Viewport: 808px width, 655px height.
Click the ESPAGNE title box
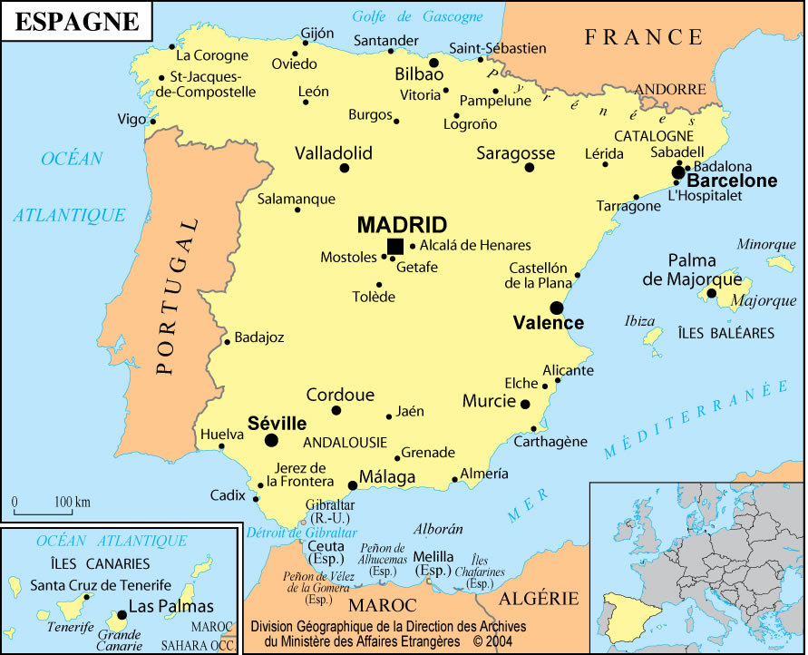[77, 22]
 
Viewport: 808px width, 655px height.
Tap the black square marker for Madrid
[395, 246]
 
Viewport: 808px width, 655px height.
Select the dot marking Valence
[556, 308]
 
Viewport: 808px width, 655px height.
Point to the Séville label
[277, 424]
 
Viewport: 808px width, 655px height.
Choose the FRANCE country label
[644, 37]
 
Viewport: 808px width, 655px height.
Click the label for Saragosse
[516, 153]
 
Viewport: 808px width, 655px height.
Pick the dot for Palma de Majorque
[712, 292]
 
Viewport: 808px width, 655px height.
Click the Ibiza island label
[639, 321]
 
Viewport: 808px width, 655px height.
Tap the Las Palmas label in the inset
[170, 607]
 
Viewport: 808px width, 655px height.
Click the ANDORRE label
[670, 90]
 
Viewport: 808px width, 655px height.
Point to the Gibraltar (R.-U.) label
[329, 511]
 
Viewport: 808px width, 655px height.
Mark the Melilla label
[433, 556]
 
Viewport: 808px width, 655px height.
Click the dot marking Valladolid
[345, 168]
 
